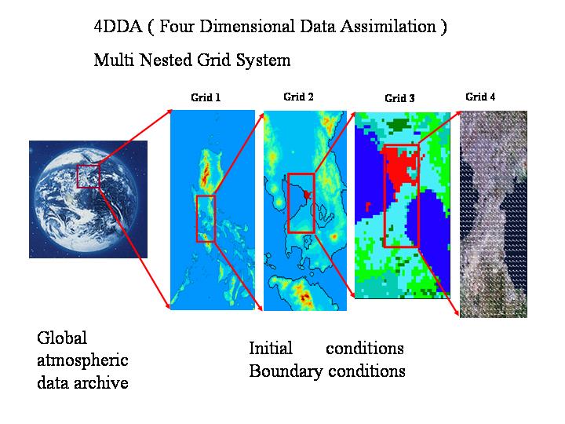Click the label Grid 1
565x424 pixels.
click(x=206, y=97)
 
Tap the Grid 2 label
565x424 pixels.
click(x=298, y=97)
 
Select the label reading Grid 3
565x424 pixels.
click(x=399, y=98)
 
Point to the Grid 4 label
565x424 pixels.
click(x=480, y=97)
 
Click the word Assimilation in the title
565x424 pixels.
click(x=388, y=27)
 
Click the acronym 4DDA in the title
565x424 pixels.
click(x=118, y=27)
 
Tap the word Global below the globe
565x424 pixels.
click(x=62, y=338)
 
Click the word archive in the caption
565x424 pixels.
click(x=101, y=382)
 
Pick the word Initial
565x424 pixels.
click(x=271, y=349)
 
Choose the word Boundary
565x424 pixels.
click(x=286, y=371)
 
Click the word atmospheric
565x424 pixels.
click(x=82, y=361)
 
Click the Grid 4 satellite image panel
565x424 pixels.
click(x=494, y=214)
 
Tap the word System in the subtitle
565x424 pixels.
click(x=263, y=60)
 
